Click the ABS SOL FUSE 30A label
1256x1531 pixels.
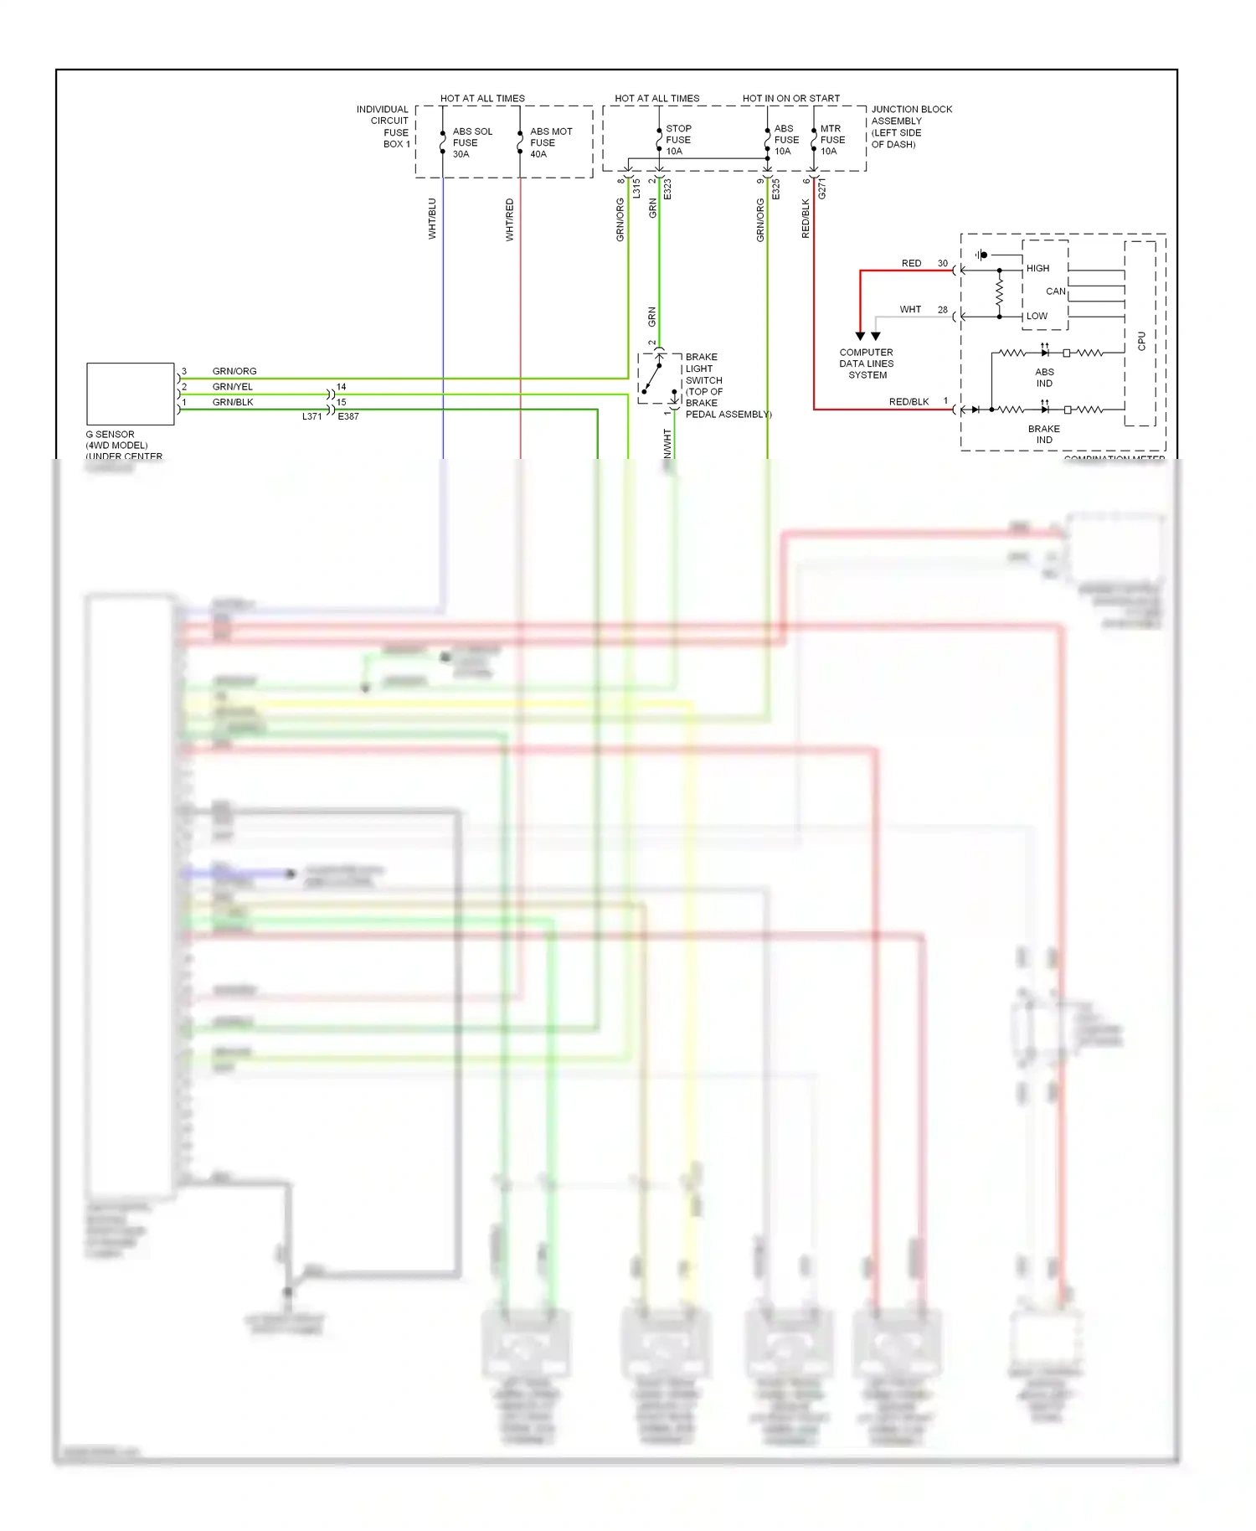pos(471,143)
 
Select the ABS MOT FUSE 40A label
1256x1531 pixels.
pos(550,143)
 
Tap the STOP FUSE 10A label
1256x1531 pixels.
pos(677,141)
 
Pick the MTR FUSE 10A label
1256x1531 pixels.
pos(831,140)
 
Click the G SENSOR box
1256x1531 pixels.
pos(130,394)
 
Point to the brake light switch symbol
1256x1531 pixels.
pos(659,379)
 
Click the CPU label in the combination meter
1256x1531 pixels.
pos(1140,341)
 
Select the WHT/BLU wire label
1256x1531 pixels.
pos(432,219)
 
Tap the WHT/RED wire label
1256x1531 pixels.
pos(509,220)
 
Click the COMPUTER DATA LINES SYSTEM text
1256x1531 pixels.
pos(867,363)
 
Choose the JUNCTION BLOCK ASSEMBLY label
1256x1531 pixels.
pos(910,126)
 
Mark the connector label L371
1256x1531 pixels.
pos(311,416)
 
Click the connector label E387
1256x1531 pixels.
pos(348,416)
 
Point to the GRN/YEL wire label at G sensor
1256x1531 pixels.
pos(232,387)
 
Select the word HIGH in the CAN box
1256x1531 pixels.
pos(1037,269)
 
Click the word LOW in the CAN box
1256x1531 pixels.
pos(1037,317)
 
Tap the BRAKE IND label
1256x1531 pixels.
pos(1043,434)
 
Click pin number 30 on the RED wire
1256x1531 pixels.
pos(942,264)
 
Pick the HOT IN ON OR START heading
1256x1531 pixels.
pos(790,98)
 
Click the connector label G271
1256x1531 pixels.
pos(822,188)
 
